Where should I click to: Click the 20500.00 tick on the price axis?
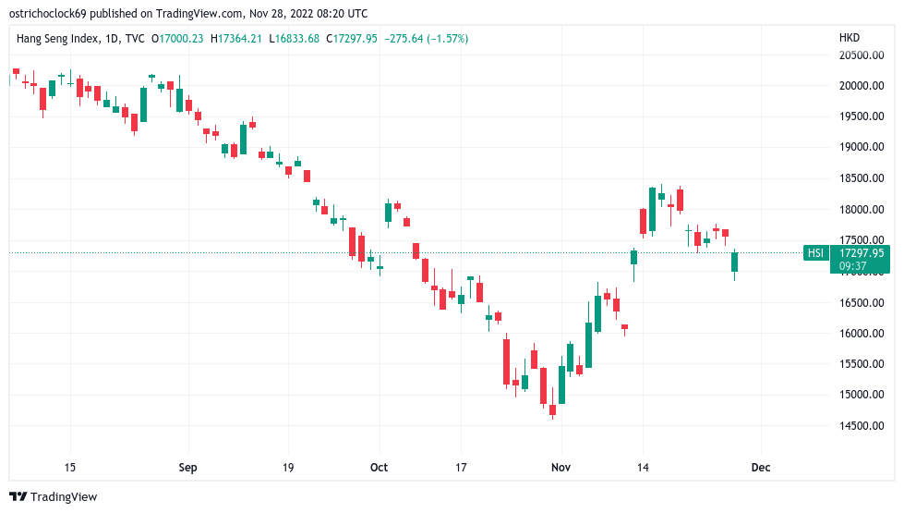pyautogui.click(x=862, y=55)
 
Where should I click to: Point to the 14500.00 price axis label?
pyautogui.click(x=862, y=426)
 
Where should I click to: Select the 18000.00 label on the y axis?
pyautogui.click(x=862, y=209)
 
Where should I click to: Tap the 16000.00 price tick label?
pyautogui.click(x=862, y=333)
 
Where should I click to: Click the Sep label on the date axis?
pyautogui.click(x=187, y=468)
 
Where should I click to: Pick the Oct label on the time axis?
pyautogui.click(x=379, y=468)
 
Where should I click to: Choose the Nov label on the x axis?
pyautogui.click(x=560, y=468)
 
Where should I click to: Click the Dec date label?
pyautogui.click(x=762, y=468)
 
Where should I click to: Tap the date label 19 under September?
pyautogui.click(x=287, y=468)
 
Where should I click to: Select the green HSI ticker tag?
pyautogui.click(x=815, y=252)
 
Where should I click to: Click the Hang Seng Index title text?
pyautogui.click(x=56, y=38)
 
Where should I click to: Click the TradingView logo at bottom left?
pyautogui.click(x=53, y=496)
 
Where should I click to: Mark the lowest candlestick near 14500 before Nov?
pyautogui.click(x=552, y=409)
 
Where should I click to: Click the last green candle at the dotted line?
pyautogui.click(x=735, y=263)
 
